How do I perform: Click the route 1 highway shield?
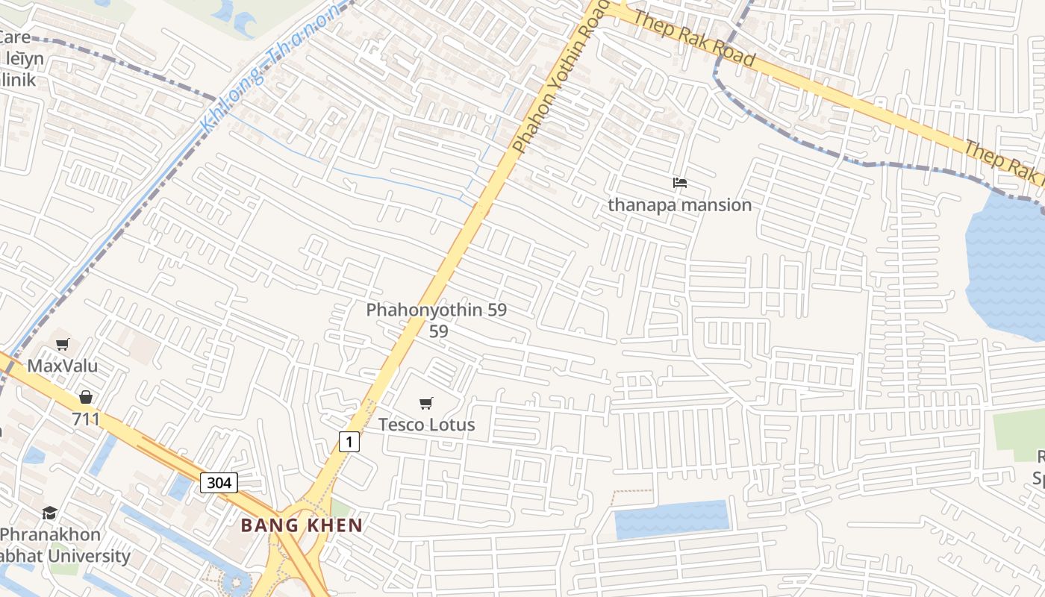point(349,441)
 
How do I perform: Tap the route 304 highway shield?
point(219,482)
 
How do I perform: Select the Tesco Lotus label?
point(426,425)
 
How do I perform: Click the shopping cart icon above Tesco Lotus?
point(425,404)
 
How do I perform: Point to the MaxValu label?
point(63,366)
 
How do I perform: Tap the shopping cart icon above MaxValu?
point(63,344)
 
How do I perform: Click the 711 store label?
point(86,419)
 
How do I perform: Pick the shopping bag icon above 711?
point(86,397)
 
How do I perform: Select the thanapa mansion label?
point(679,204)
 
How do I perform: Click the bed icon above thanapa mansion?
point(679,182)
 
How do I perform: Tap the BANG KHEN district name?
point(302,525)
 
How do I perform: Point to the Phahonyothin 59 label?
point(437,310)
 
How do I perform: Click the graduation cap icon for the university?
point(50,513)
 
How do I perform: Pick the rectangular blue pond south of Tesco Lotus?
point(671,519)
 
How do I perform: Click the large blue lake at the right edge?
point(1007,261)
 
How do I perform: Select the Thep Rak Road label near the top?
point(690,37)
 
